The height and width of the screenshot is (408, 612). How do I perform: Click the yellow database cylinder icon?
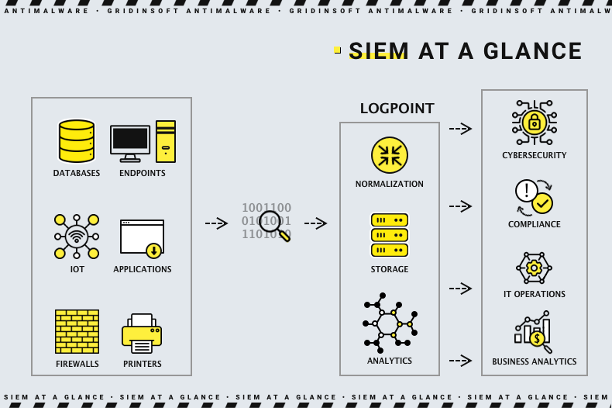[77, 141]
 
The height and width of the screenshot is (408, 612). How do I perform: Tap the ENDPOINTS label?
[143, 173]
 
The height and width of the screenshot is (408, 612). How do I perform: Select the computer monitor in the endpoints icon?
[130, 140]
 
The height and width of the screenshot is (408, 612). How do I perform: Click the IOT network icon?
[77, 236]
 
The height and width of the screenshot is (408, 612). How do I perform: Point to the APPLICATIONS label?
[143, 269]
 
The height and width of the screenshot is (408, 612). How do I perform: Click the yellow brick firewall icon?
[77, 331]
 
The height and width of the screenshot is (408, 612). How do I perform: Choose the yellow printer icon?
[142, 334]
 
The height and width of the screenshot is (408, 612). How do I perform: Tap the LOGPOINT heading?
[397, 109]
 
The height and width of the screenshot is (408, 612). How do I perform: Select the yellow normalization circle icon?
[390, 154]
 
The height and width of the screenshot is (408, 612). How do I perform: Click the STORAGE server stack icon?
[390, 235]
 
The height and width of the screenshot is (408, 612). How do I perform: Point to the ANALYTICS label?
[390, 361]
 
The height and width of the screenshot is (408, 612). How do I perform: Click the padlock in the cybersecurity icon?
[534, 123]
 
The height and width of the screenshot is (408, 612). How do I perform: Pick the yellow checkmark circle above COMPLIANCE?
[542, 203]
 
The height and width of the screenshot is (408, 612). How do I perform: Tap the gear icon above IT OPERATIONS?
[534, 268]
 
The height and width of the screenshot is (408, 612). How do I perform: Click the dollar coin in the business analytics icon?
[537, 338]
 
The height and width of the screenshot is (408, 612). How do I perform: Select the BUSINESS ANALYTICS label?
[535, 361]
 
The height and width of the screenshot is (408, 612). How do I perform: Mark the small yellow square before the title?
[338, 50]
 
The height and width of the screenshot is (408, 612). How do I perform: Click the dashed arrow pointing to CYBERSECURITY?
[460, 129]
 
